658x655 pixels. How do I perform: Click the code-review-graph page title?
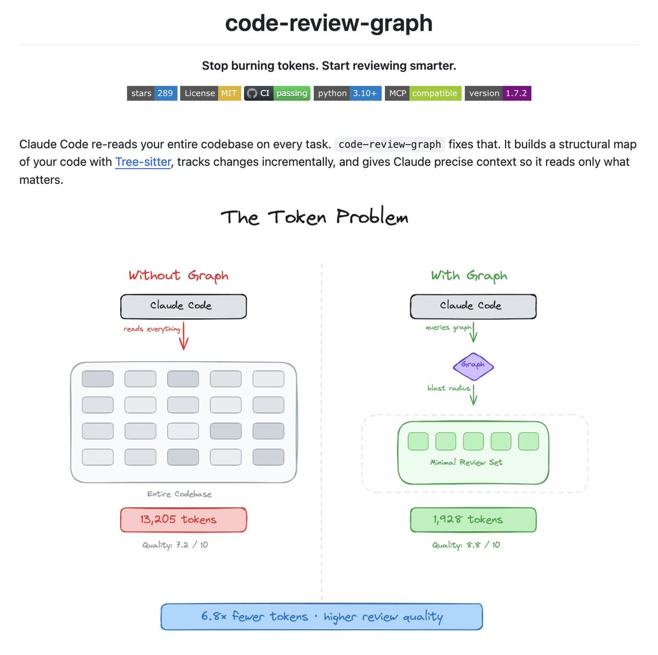pyautogui.click(x=328, y=24)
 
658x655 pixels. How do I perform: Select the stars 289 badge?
pyautogui.click(x=152, y=93)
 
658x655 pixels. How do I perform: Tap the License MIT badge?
pyautogui.click(x=211, y=93)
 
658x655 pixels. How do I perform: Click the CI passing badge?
pyautogui.click(x=277, y=93)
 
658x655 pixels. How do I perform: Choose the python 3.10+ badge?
pyautogui.click(x=347, y=93)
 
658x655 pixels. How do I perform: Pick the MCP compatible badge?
pyautogui.click(x=423, y=93)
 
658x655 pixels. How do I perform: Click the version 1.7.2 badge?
pyautogui.click(x=498, y=93)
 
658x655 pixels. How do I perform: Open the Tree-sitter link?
pyautogui.click(x=143, y=162)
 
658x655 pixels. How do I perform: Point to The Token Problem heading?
pyautogui.click(x=314, y=217)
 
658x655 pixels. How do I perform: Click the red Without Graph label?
pyautogui.click(x=178, y=276)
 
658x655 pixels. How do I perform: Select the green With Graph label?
pyautogui.click(x=469, y=276)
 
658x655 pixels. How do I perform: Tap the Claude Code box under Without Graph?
pyautogui.click(x=183, y=306)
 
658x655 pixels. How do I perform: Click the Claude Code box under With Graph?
pyautogui.click(x=473, y=306)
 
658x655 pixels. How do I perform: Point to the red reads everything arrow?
pyautogui.click(x=184, y=335)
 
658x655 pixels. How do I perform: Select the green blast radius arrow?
pyautogui.click(x=473, y=394)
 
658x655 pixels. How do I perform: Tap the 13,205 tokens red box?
pyautogui.click(x=183, y=520)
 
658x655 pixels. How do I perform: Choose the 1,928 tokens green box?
pyautogui.click(x=473, y=520)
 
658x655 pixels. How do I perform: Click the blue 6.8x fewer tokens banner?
pyautogui.click(x=321, y=617)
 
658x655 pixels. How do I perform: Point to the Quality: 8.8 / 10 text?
pyautogui.click(x=466, y=545)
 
